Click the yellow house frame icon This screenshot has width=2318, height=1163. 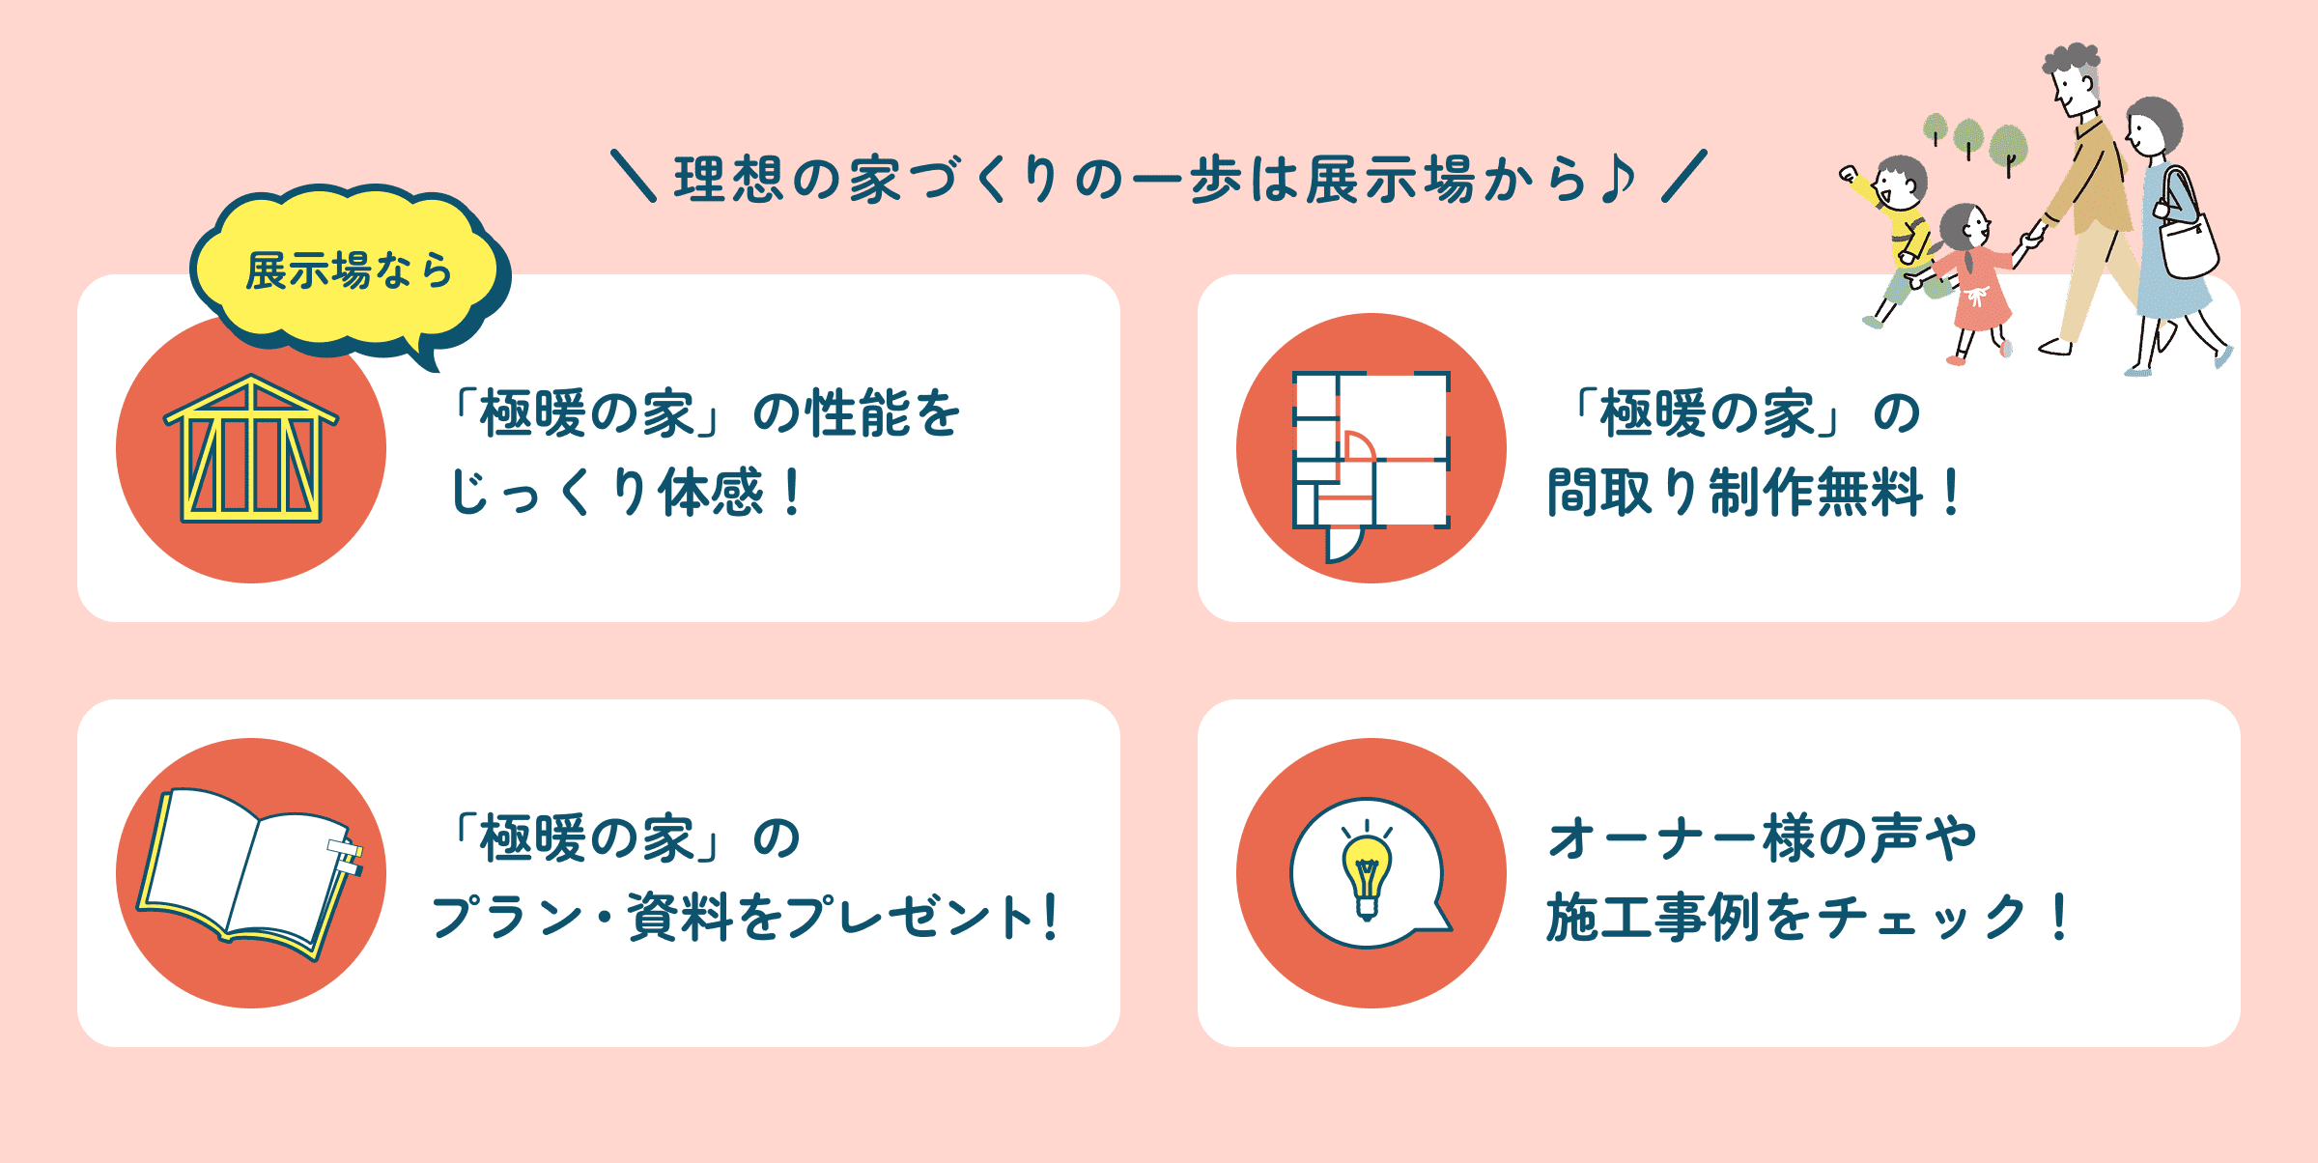pyautogui.click(x=251, y=449)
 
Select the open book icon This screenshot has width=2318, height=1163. pyautogui.click(x=249, y=874)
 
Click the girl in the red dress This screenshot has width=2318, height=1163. pyautogui.click(x=1975, y=280)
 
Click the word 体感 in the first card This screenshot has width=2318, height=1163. pyautogui.click(x=711, y=493)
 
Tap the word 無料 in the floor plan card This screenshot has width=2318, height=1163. pyautogui.click(x=1870, y=493)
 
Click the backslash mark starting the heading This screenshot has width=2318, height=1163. pyautogui.click(x=634, y=175)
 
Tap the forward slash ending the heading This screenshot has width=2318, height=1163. pyautogui.click(x=1684, y=175)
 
